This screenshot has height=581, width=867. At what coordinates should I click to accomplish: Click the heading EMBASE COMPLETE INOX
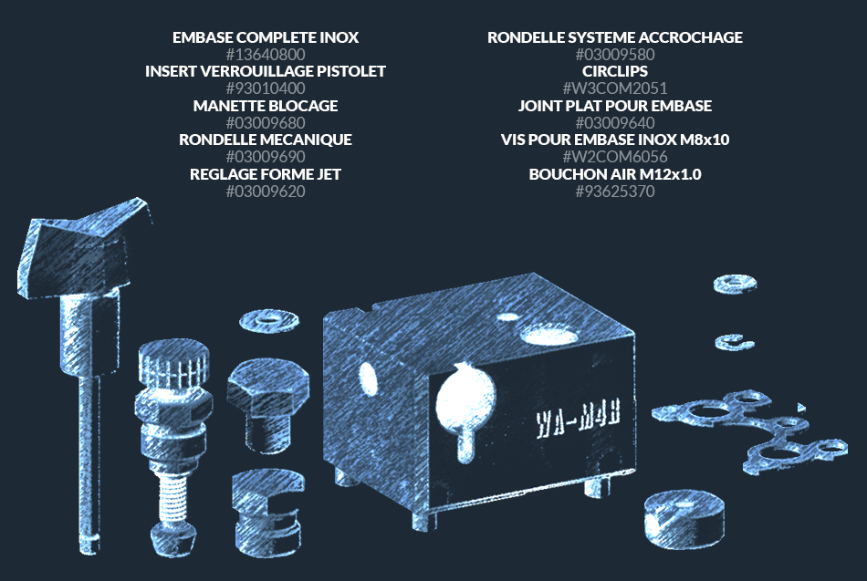[266, 37]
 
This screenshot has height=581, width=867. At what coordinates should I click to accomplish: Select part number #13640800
[266, 55]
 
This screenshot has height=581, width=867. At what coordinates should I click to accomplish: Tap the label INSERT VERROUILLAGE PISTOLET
[266, 71]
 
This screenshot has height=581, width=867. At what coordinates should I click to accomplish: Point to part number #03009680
[266, 123]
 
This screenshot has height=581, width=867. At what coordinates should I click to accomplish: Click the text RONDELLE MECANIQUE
[266, 140]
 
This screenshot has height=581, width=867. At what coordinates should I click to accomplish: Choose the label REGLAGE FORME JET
[266, 174]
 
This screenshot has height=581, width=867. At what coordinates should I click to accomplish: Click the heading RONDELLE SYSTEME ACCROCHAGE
[615, 37]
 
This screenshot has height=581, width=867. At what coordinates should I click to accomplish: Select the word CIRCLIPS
[615, 71]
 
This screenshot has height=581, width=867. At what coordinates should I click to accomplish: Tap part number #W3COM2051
[615, 88]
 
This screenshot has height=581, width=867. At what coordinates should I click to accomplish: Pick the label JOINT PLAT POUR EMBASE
[615, 106]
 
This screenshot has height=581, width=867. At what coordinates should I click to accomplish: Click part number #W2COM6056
[615, 157]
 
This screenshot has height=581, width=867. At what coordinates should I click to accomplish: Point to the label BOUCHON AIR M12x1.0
[615, 174]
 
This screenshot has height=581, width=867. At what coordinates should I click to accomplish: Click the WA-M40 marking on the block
[578, 417]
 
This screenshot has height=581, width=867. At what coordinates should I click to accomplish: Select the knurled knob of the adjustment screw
[174, 365]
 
